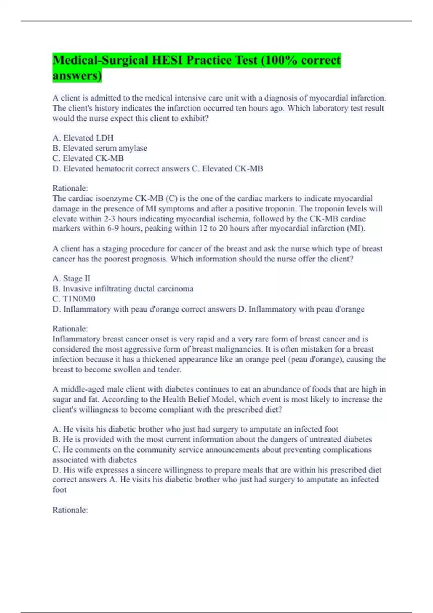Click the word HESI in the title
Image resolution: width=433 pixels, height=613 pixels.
pyautogui.click(x=167, y=60)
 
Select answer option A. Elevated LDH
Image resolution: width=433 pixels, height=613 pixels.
pyautogui.click(x=83, y=138)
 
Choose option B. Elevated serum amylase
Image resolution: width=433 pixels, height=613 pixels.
pyautogui.click(x=100, y=148)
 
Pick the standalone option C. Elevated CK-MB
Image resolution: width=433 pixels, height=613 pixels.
pyautogui.click(x=88, y=158)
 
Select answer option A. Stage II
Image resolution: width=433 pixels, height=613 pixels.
pyautogui.click(x=71, y=278)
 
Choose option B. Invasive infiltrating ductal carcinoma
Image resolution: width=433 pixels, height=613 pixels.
pyautogui.click(x=123, y=288)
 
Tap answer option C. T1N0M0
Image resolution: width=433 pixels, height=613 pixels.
pyautogui.click(x=74, y=299)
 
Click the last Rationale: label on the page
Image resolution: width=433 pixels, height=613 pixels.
pyautogui.click(x=70, y=510)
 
